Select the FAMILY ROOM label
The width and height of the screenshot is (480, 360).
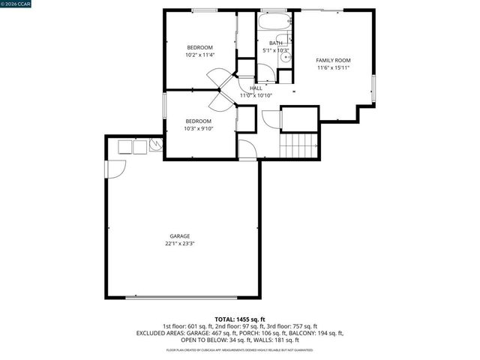333,60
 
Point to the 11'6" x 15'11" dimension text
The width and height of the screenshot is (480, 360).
333,68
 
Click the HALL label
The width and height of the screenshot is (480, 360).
256,88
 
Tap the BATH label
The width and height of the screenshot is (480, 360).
276,43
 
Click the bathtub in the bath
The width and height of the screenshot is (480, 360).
274,22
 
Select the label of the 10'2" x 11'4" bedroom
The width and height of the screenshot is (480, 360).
199,47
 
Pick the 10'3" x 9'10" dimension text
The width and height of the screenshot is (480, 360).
199,129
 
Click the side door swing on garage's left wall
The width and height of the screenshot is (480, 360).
115,169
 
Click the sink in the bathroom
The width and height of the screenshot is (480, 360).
282,41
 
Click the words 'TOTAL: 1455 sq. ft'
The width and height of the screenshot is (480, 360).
239,319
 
